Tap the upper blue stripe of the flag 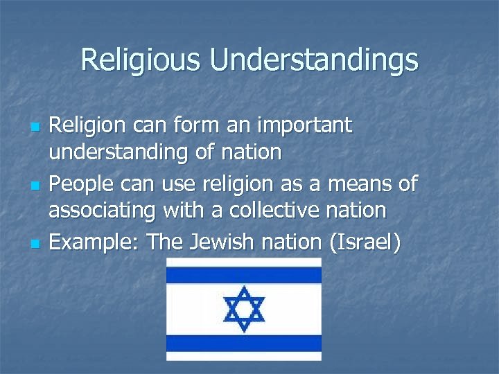243,276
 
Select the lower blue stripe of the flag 243,342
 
